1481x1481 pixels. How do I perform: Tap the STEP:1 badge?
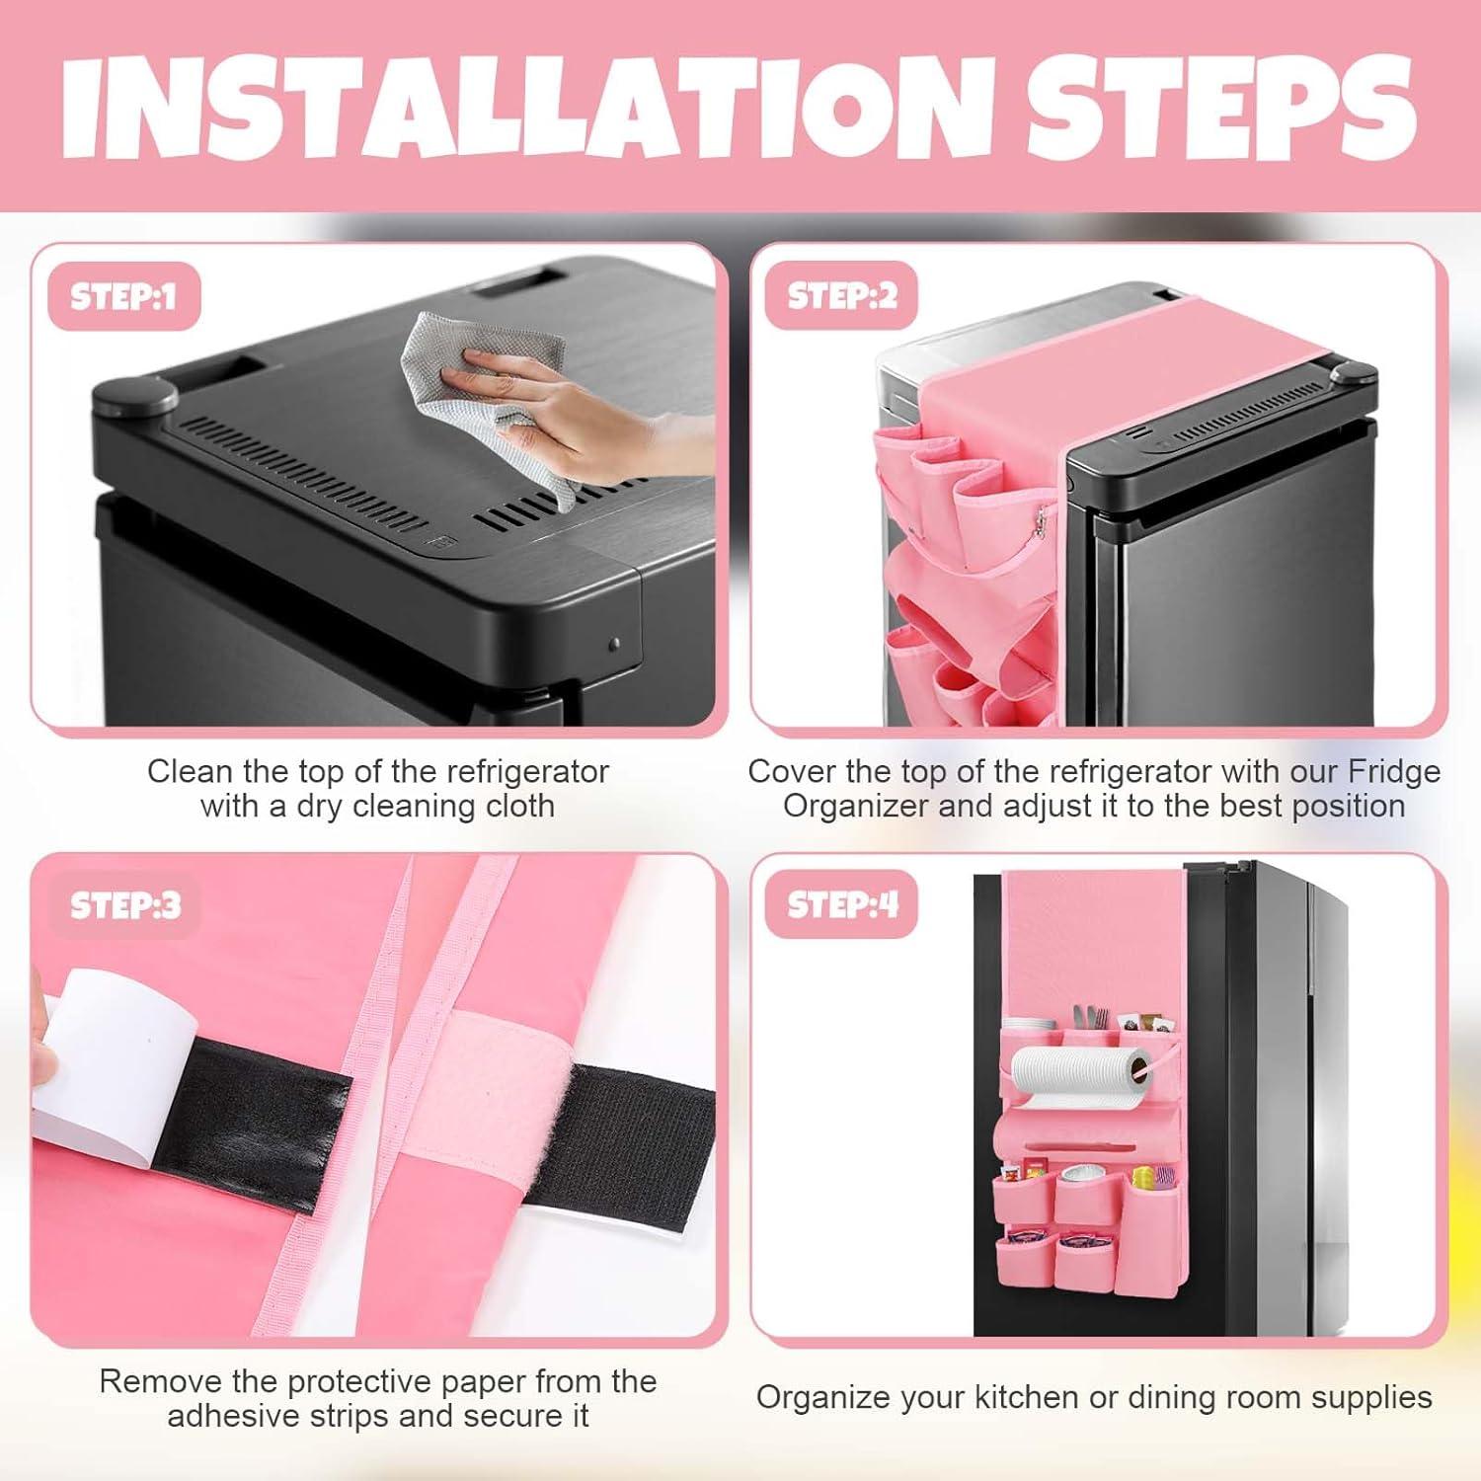click(123, 296)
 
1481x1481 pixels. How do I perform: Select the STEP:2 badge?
click(841, 296)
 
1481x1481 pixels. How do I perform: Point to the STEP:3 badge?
click(125, 905)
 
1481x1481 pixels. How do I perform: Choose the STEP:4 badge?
click(842, 905)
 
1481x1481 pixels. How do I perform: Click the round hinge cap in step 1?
click(134, 397)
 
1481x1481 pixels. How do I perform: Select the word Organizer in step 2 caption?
click(856, 806)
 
